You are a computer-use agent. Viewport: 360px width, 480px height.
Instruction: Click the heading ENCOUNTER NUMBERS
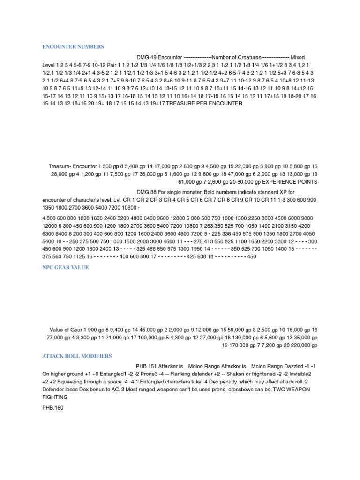[73, 47]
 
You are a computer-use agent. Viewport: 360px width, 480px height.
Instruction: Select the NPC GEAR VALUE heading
[65, 267]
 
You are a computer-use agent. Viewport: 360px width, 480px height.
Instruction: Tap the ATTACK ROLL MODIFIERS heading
[77, 356]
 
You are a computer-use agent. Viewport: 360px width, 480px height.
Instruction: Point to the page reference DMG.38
[147, 192]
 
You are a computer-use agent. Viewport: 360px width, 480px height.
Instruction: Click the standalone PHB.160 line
[52, 408]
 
